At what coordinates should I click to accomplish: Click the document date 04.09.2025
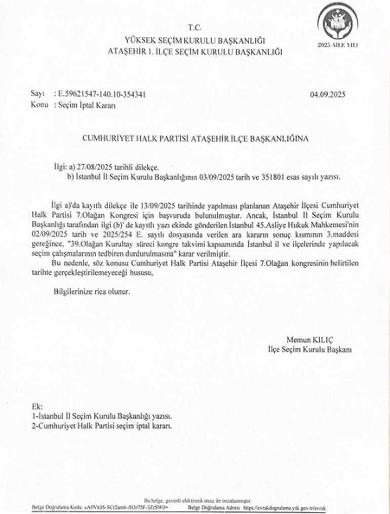click(328, 94)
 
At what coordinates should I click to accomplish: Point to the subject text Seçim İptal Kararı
click(86, 105)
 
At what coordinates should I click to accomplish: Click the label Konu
click(39, 105)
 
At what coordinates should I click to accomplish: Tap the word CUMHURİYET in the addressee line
click(105, 137)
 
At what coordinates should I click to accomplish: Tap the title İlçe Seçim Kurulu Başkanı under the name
click(309, 349)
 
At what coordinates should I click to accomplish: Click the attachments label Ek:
click(37, 407)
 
